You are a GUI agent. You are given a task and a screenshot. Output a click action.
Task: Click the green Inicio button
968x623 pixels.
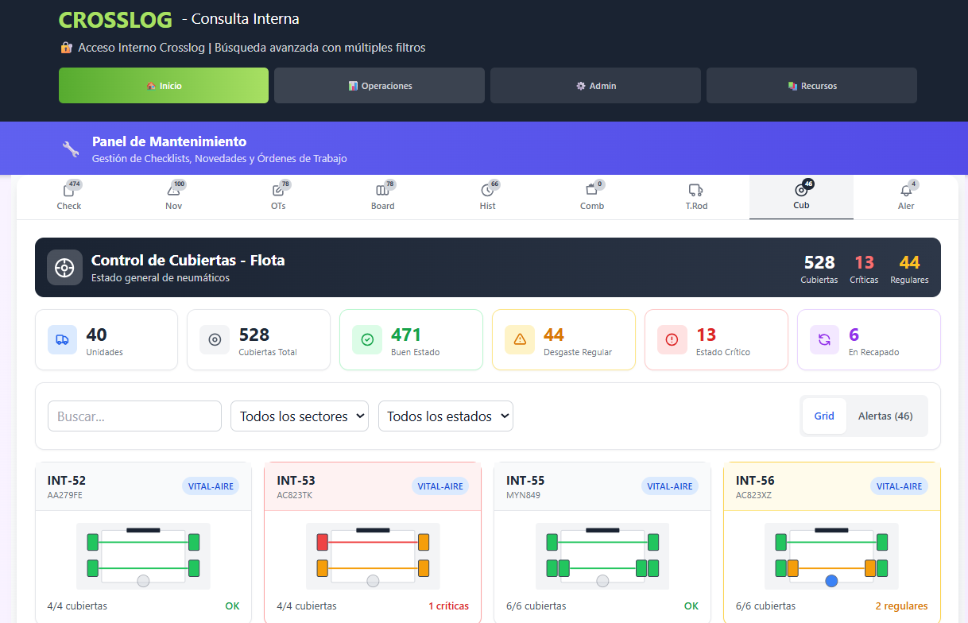164,86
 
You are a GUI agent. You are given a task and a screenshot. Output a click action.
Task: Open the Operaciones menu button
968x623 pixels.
379,86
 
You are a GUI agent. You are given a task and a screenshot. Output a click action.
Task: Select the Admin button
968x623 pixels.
595,86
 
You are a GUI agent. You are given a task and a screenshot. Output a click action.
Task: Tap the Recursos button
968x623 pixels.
811,86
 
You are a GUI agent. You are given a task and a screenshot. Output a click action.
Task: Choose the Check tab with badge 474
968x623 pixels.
69,196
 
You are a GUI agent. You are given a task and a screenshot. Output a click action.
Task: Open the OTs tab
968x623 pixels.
278,196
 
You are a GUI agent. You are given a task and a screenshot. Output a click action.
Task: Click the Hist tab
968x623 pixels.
487,196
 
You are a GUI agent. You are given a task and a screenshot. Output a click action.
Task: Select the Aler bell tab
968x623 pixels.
906,196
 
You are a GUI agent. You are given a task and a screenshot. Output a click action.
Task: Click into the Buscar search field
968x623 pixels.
135,416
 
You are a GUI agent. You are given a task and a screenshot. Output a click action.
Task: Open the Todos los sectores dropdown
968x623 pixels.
300,416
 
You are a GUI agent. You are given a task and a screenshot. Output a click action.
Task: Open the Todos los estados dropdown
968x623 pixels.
446,416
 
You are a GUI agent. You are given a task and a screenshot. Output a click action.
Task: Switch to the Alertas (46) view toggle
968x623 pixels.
885,416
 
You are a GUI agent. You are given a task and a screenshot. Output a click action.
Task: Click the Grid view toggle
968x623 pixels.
824,416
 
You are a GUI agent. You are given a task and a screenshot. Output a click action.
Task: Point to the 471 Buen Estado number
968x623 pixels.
406,335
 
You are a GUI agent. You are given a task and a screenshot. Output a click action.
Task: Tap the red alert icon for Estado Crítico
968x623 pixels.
672,339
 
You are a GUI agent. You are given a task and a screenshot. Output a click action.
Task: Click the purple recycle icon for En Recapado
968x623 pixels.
824,339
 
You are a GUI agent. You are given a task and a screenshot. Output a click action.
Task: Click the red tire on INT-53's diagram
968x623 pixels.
323,542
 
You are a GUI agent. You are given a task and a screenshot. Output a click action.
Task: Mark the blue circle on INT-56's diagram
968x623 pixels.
831,581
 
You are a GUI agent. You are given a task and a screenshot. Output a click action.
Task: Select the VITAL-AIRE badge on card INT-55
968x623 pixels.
670,486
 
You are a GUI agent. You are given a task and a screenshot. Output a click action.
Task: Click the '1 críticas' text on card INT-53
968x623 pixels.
448,606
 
